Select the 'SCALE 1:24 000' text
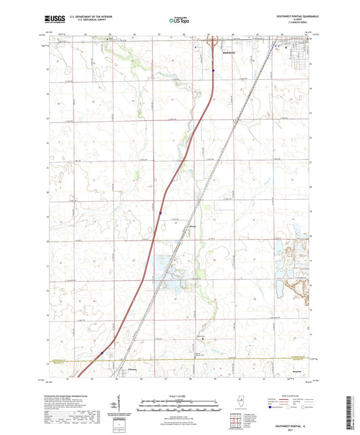180,394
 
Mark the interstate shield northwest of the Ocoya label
160,213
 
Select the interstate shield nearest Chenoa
101,352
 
